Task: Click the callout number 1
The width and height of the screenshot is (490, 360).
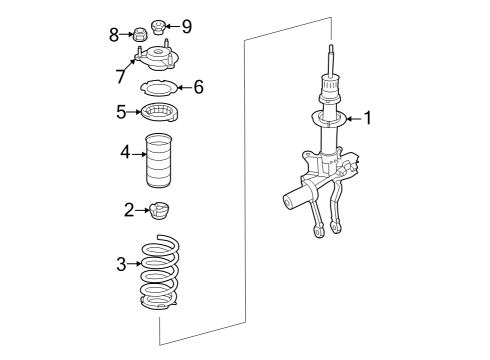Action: (368, 118)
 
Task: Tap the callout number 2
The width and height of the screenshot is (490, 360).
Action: (129, 210)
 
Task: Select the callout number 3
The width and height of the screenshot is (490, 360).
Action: (121, 264)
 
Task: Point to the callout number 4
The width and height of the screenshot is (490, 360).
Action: (125, 152)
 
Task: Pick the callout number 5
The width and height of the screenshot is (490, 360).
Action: (121, 112)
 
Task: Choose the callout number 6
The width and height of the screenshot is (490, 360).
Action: (199, 87)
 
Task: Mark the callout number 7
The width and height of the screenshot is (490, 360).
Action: (121, 76)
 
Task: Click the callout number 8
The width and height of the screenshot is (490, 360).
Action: (114, 35)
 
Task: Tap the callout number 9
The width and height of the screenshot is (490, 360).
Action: (187, 27)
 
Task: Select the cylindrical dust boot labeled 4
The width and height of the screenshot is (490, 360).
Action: (159, 160)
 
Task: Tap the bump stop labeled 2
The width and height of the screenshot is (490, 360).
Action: (160, 211)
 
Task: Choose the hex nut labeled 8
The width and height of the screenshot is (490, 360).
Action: (140, 34)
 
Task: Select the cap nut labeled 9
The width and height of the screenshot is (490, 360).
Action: (158, 27)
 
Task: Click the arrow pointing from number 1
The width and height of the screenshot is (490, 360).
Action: (355, 118)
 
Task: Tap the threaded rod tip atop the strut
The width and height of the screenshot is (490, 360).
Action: (331, 46)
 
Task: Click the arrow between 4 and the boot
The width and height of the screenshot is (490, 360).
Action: (139, 154)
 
